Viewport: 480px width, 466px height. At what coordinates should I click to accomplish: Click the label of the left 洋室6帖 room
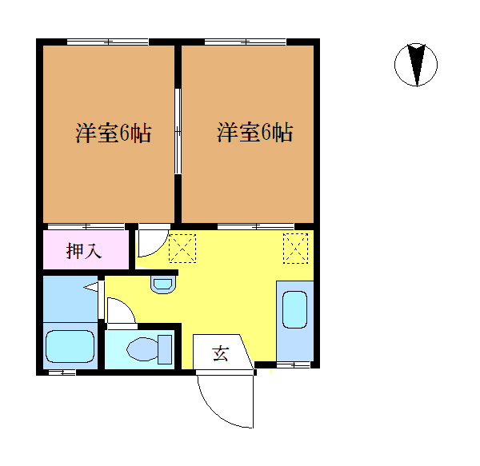click(x=114, y=133)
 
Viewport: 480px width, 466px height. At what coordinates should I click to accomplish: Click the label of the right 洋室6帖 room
click(x=254, y=133)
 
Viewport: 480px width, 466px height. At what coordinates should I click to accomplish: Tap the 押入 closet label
click(x=83, y=251)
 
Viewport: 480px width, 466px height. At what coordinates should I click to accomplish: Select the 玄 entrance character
click(x=219, y=352)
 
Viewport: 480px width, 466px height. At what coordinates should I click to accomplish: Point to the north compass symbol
click(x=416, y=65)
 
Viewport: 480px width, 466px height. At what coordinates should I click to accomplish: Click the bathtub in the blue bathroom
click(x=70, y=346)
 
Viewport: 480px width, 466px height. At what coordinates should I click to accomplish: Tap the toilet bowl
click(x=144, y=349)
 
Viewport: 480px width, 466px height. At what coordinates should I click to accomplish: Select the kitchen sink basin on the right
click(x=294, y=310)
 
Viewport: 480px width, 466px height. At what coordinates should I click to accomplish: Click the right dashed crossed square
click(x=295, y=247)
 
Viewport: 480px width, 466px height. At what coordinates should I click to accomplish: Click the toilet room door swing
click(x=120, y=312)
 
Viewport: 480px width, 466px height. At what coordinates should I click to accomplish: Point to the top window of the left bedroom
click(x=107, y=41)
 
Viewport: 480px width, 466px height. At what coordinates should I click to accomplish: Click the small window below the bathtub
click(x=62, y=372)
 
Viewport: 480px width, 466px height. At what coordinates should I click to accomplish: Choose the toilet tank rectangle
click(x=166, y=349)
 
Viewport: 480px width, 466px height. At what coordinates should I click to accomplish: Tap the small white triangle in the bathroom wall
click(x=92, y=286)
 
